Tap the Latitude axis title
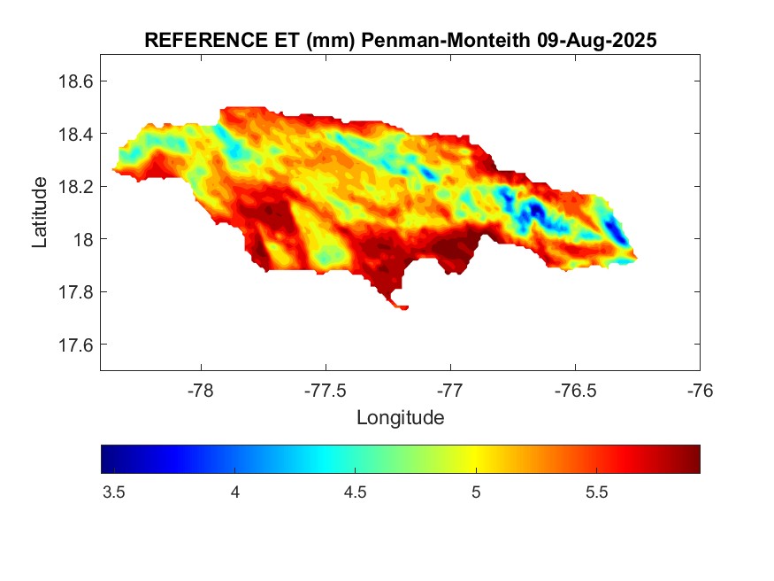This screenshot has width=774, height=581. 40,212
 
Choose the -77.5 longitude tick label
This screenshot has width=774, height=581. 326,390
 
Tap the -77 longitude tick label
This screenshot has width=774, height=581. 450,390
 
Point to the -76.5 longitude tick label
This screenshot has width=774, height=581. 575,390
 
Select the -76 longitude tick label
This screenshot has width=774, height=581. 700,390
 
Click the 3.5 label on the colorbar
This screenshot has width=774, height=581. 113,493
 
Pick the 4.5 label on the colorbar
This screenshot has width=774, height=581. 355,493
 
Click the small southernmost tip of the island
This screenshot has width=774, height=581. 402,307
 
